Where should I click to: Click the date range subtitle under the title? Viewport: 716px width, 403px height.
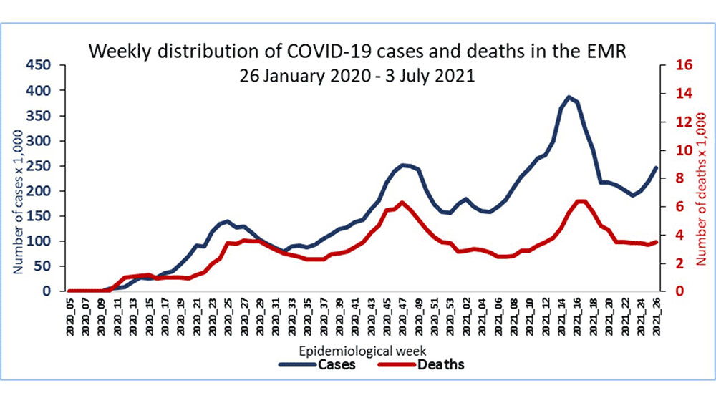point(357,74)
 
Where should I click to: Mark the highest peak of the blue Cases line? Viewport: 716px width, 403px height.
point(569,97)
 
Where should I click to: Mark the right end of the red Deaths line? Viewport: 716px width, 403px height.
point(656,242)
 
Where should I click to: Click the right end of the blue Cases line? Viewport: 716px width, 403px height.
point(656,167)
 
